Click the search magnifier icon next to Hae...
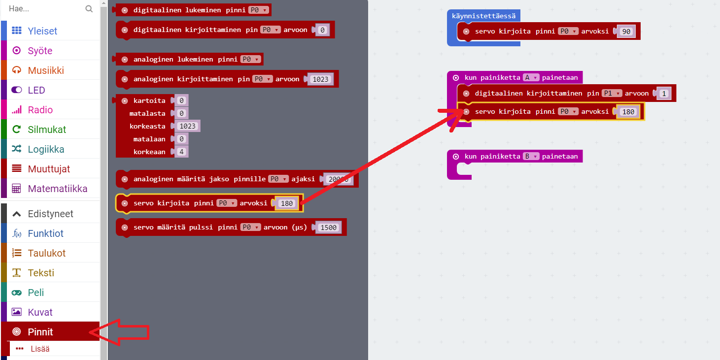pos(89,9)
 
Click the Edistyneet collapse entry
pos(50,214)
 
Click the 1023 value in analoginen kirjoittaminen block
pos(320,79)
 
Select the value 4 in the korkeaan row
pos(182,152)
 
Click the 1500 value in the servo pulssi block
pos(328,228)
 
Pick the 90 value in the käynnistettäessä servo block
pos(626,32)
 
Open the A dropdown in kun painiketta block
pos(531,77)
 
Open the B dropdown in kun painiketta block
pos(531,157)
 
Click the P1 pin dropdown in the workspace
pos(612,93)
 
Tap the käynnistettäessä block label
pos(483,16)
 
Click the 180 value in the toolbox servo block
pos(287,203)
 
